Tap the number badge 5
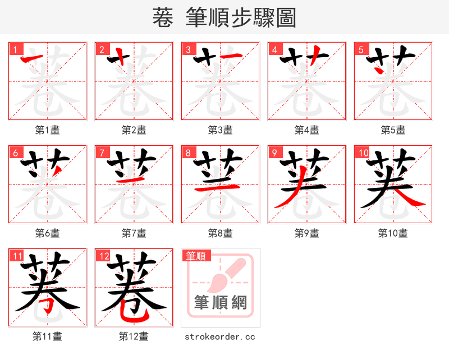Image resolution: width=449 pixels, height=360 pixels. click(360, 49)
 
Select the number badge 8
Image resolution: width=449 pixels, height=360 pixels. click(187, 152)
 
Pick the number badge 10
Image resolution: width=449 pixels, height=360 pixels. click(362, 152)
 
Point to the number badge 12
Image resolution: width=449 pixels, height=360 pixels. click(103, 256)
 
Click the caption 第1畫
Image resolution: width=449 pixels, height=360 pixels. click(48, 130)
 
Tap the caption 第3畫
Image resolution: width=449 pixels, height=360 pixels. click(221, 130)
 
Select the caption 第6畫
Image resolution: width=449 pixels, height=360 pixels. click(48, 233)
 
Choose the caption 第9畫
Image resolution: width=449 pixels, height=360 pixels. click(307, 233)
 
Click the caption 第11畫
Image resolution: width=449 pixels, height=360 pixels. click(48, 336)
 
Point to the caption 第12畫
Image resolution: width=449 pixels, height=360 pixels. click(134, 336)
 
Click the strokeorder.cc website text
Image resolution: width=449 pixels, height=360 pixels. click(221, 336)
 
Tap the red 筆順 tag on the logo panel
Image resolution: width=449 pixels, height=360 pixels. click(196, 256)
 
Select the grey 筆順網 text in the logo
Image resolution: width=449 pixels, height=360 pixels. click(221, 303)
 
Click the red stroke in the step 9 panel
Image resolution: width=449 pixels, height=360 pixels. click(286, 196)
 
